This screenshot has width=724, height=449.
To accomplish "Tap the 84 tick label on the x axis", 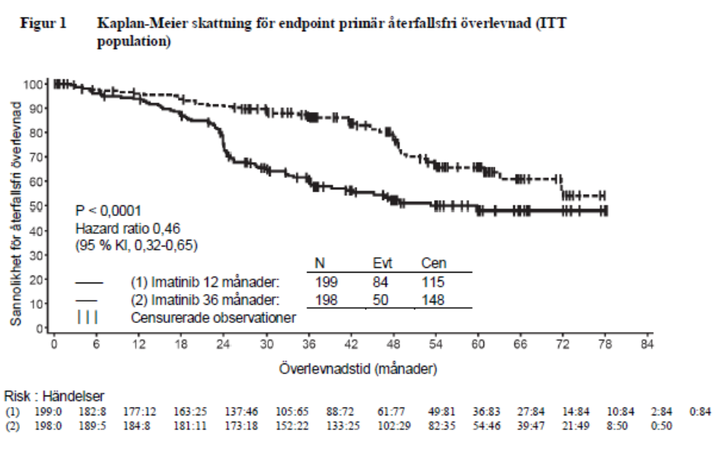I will point(648,345).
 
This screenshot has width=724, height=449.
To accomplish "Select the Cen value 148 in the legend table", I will point(433,299).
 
